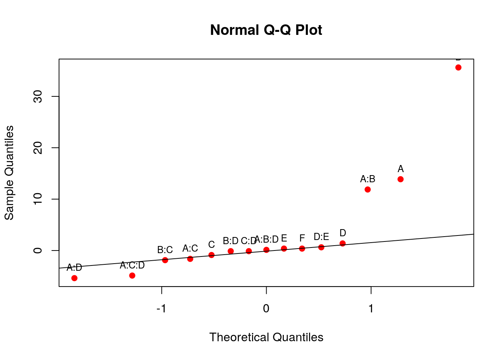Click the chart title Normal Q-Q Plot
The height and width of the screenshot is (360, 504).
266,30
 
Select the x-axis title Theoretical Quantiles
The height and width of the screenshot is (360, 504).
266,337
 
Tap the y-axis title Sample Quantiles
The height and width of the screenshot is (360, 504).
9,173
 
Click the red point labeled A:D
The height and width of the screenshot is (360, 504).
74,278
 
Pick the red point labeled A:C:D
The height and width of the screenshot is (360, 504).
132,276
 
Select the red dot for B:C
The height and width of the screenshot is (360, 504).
165,260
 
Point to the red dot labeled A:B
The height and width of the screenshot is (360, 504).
367,189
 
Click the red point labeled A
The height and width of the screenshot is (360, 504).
400,179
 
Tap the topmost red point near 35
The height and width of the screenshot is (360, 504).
458,67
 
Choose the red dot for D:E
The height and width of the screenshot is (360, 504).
321,247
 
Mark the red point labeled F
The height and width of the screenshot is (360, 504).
302,248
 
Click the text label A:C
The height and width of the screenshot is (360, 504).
190,248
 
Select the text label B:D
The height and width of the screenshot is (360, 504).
231,241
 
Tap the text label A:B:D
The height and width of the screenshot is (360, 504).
267,239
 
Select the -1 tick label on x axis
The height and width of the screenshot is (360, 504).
161,309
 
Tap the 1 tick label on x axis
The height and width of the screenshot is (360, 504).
371,309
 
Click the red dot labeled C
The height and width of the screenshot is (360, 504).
211,255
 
